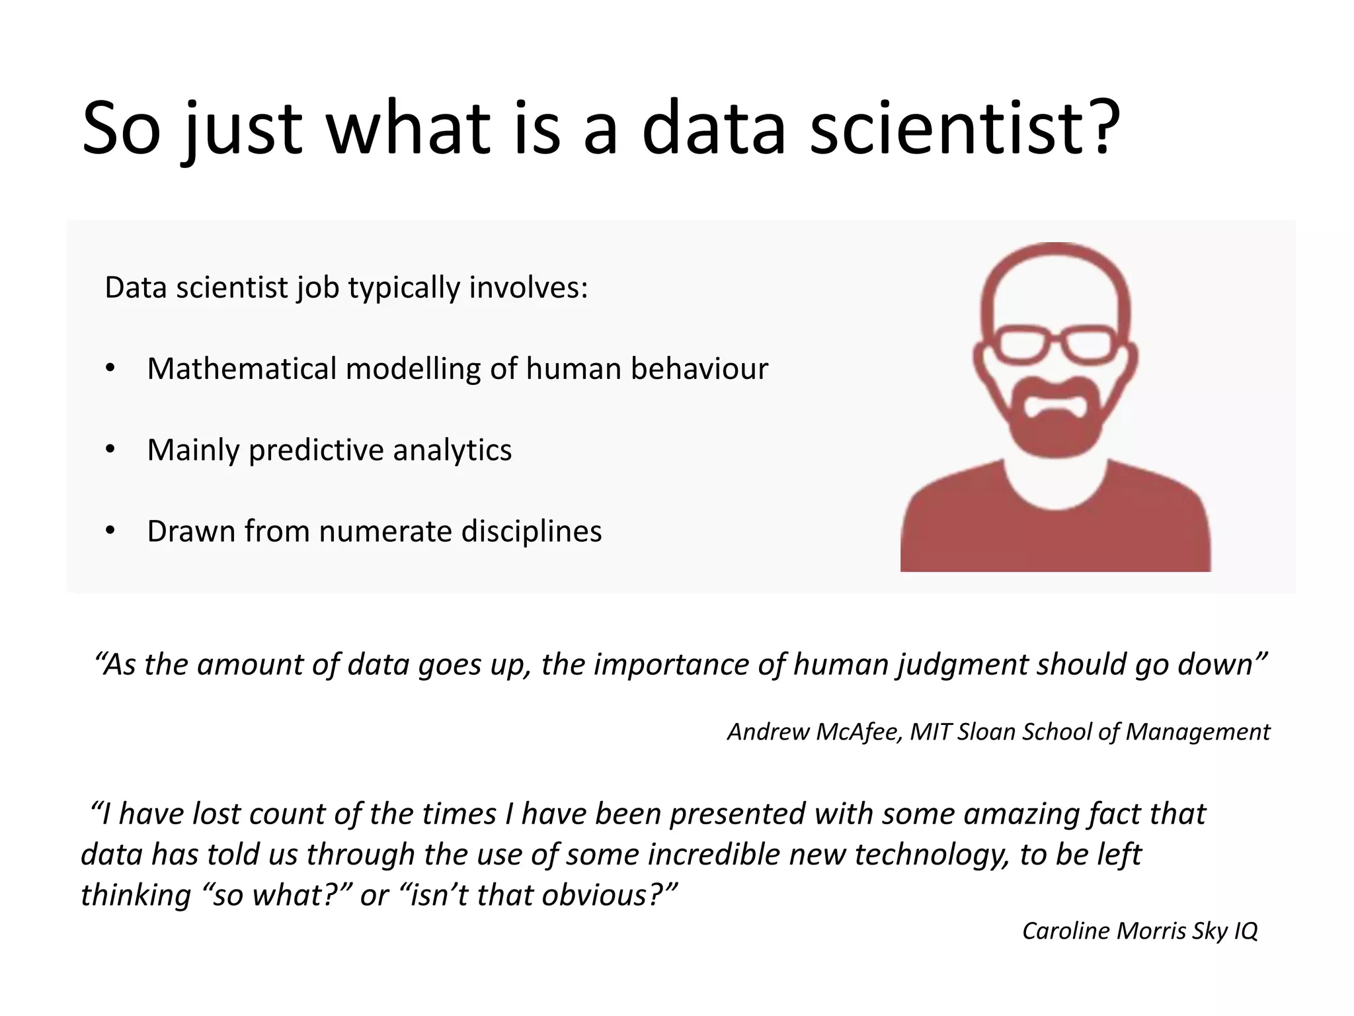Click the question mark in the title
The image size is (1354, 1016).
(x=1099, y=127)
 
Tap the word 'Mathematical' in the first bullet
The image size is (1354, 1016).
(x=241, y=368)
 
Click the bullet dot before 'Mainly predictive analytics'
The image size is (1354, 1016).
(x=110, y=450)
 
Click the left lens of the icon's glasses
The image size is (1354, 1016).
(x=1022, y=345)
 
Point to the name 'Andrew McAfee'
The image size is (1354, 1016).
(x=815, y=732)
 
